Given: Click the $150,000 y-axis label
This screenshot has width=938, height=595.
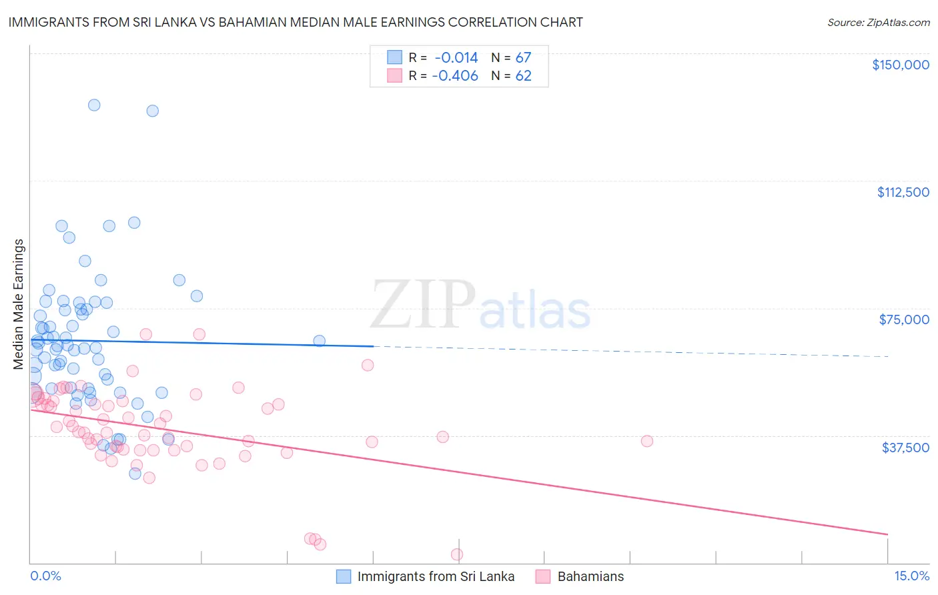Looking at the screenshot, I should pos(900,65).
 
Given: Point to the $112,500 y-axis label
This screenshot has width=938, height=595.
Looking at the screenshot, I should pos(903,192).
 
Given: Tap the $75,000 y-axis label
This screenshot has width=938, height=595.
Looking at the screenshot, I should pos(904,320).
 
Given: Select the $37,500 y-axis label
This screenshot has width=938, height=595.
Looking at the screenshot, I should pos(905,448).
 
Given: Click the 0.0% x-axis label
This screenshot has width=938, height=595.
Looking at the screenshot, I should pos(45,576).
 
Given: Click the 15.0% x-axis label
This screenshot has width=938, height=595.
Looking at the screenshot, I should pos(911,576).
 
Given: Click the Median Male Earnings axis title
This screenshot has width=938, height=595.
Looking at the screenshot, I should pos(19,304).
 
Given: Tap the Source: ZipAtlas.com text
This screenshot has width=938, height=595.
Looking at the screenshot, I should pos(878,23).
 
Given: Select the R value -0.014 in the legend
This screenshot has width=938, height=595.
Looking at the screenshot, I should pos(456,58).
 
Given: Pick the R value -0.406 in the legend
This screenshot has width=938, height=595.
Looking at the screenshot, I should pos(455,76).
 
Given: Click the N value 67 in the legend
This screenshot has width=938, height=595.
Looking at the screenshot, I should pos(523,58).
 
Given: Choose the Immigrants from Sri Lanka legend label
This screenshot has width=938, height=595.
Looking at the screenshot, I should pos(436,577).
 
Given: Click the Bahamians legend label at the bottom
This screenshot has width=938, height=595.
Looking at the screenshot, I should pos(590,577).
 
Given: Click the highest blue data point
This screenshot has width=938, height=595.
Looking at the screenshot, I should pos(94,105).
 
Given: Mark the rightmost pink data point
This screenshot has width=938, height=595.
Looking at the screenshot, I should pos(646,441).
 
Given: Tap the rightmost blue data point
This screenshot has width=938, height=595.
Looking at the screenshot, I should pos(319,341).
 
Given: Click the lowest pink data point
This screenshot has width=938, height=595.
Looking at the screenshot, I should pos(457,554).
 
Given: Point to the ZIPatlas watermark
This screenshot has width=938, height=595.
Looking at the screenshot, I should pos(480,306).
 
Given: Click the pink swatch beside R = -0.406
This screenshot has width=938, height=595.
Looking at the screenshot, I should pos(394,76).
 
